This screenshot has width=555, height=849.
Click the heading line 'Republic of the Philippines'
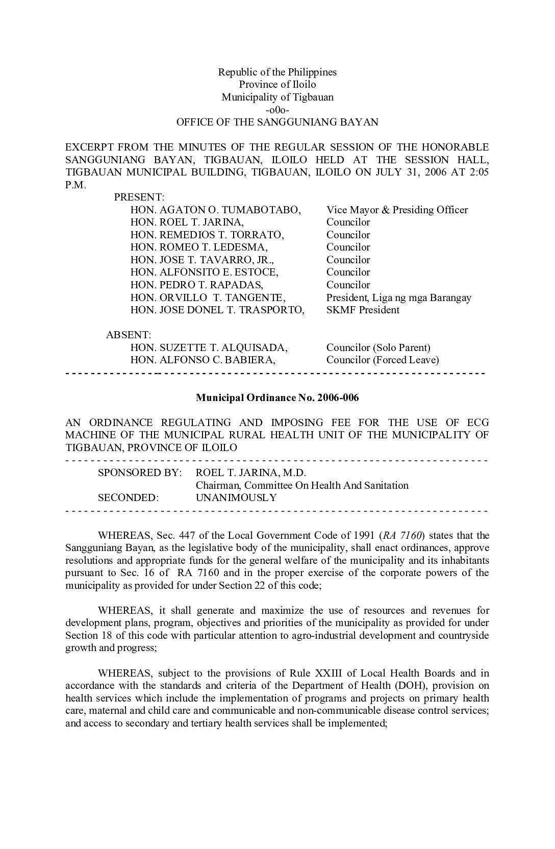pyautogui.click(x=277, y=72)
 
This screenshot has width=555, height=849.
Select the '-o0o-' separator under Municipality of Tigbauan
pyautogui.click(x=277, y=110)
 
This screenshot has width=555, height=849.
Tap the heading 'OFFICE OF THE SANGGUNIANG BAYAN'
pyautogui.click(x=277, y=122)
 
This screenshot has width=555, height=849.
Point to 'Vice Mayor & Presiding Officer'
pyautogui.click(x=397, y=210)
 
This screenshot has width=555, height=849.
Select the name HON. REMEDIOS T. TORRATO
pyautogui.click(x=207, y=235)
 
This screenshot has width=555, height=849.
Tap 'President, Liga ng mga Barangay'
pyautogui.click(x=398, y=297)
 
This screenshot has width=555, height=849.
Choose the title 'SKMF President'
pyautogui.click(x=363, y=310)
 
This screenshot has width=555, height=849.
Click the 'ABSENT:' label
pyautogui.click(x=129, y=335)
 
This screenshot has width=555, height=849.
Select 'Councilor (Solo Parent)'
pyautogui.click(x=378, y=347)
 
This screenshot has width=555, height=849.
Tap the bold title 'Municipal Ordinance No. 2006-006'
pyautogui.click(x=277, y=397)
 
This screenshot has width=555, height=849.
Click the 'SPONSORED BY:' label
pyautogui.click(x=139, y=472)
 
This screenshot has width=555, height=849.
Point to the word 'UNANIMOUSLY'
pyautogui.click(x=236, y=497)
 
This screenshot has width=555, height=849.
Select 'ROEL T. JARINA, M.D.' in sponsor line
pyautogui.click(x=250, y=472)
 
